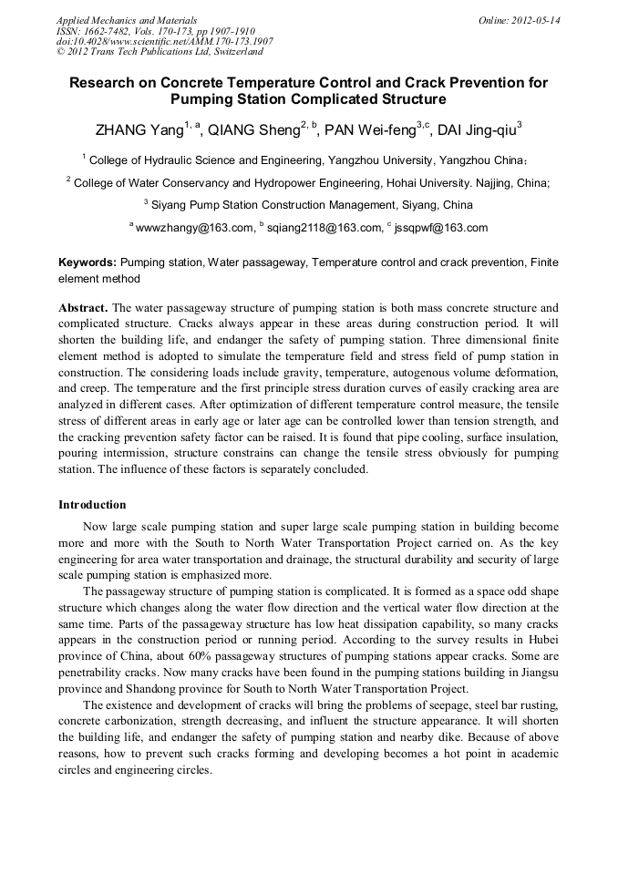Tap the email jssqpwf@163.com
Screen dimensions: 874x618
click(x=441, y=228)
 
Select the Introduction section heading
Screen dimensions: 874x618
click(x=92, y=504)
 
